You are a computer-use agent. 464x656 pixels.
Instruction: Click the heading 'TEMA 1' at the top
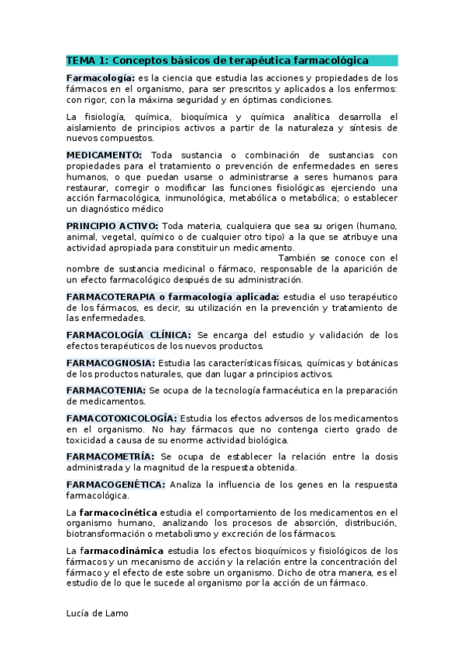click(87, 60)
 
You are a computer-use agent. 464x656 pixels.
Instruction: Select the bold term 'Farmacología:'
click(101, 78)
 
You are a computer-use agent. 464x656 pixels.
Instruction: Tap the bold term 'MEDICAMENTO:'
click(104, 155)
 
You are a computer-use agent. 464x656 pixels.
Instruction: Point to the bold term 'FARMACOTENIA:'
click(106, 391)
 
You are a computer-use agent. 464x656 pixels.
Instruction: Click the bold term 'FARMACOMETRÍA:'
click(110, 456)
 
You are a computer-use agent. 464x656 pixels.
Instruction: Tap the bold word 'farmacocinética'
click(117, 512)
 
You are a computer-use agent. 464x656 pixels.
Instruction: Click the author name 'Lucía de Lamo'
click(97, 613)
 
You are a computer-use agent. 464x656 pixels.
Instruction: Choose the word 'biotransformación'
click(109, 534)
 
